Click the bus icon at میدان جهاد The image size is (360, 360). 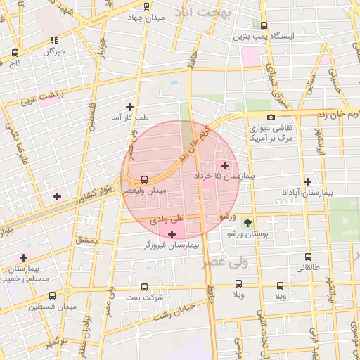[x=145, y=7]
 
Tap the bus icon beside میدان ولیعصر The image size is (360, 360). [x=145, y=179]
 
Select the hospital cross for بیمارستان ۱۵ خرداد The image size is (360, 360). [x=224, y=165]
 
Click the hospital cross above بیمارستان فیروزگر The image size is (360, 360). [x=172, y=234]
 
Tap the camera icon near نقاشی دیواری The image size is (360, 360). [x=271, y=117]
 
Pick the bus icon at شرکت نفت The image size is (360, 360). [x=144, y=287]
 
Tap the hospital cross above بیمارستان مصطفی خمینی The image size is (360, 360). [x=24, y=258]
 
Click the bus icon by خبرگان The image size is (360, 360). [x=55, y=41]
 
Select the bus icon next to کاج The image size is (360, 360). [x=15, y=53]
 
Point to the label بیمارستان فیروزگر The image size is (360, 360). [x=172, y=245]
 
